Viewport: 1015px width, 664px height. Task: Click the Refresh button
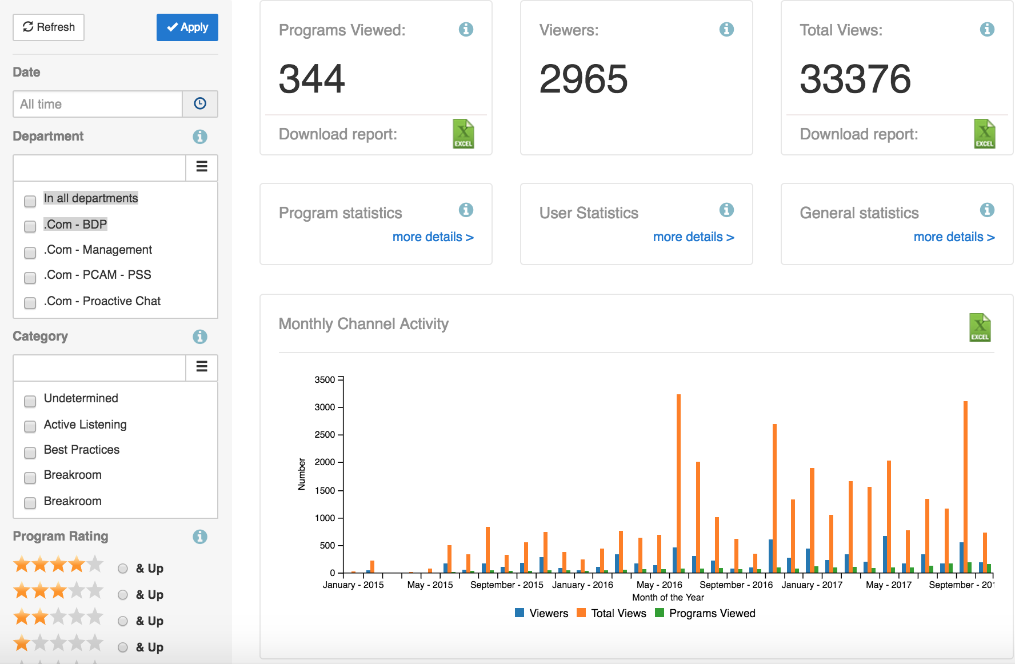[x=49, y=27]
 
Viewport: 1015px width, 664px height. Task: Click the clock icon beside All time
[x=200, y=104]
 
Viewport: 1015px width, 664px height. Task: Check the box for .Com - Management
[x=30, y=252]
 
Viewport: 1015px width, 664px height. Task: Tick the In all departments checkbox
[x=30, y=201]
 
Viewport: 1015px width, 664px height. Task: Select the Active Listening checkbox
[x=30, y=427]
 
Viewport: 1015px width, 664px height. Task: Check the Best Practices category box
[x=30, y=453]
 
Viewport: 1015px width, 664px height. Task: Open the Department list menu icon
[x=202, y=167]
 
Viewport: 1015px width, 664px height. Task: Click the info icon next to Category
[x=199, y=337]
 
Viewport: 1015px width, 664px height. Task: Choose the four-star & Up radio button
[x=123, y=569]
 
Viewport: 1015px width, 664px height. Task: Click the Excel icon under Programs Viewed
[x=463, y=134]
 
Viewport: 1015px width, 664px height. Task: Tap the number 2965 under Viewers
[x=583, y=79]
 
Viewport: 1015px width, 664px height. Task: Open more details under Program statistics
[x=433, y=237]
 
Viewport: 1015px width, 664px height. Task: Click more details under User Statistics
[x=693, y=237]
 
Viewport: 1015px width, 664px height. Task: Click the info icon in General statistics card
[x=987, y=210]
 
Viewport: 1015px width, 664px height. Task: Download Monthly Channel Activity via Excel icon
[x=980, y=327]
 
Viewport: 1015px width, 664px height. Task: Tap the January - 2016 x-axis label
[x=582, y=585]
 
